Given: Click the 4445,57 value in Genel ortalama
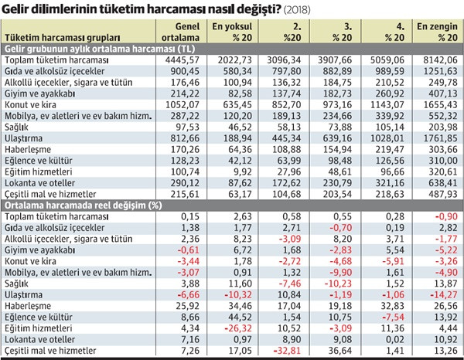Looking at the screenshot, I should click(176, 59).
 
